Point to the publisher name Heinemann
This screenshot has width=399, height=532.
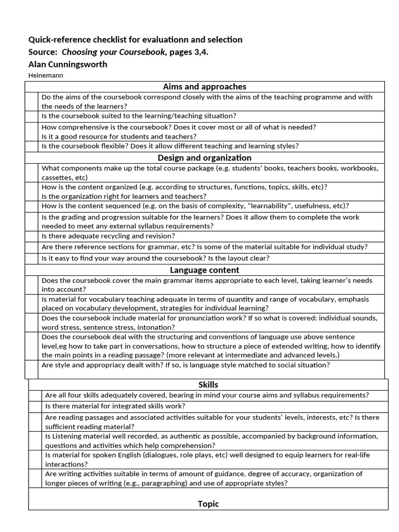[x=46, y=75]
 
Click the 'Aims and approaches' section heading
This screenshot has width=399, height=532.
[x=204, y=87]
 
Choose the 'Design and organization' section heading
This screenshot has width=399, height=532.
[x=204, y=157]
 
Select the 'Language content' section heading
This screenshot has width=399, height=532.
[x=204, y=270]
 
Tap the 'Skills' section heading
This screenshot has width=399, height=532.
[x=208, y=384]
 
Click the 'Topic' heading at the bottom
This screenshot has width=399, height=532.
[x=208, y=503]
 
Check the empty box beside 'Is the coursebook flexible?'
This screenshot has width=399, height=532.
[x=32, y=147]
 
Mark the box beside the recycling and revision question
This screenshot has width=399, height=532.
[x=32, y=236]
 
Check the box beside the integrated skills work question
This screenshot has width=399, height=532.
[x=36, y=406]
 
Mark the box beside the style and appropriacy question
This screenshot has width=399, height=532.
[x=32, y=369]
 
